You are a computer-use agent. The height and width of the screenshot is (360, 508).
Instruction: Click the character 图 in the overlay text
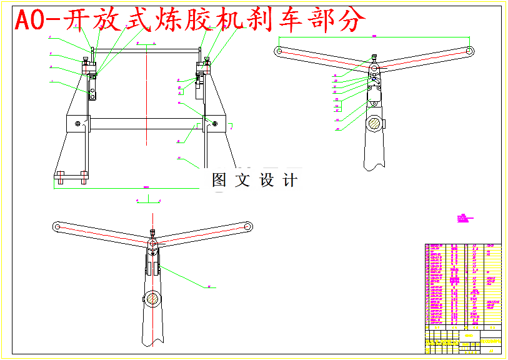pyautogui.click(x=219, y=181)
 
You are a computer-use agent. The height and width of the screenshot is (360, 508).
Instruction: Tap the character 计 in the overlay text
pyautogui.click(x=290, y=181)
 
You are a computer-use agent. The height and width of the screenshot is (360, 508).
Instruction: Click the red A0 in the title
pyautogui.click(x=29, y=21)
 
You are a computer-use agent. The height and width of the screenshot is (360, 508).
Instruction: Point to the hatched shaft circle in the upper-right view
pyautogui.click(x=375, y=122)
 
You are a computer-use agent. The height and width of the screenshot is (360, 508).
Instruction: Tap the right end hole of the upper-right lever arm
pyautogui.click(x=470, y=50)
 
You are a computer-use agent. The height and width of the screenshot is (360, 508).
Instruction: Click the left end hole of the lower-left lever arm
pyautogui.click(x=57, y=226)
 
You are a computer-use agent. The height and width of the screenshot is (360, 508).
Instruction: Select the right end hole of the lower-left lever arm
pyautogui.click(x=248, y=226)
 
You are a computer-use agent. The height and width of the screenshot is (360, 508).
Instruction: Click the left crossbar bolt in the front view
pyautogui.click(x=77, y=123)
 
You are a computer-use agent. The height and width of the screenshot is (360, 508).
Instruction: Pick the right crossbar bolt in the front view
pyautogui.click(x=214, y=123)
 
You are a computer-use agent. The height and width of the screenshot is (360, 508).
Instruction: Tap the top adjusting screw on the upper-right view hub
pyautogui.click(x=374, y=57)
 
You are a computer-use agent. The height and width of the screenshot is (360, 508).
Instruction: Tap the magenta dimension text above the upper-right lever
pyautogui.click(x=374, y=36)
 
